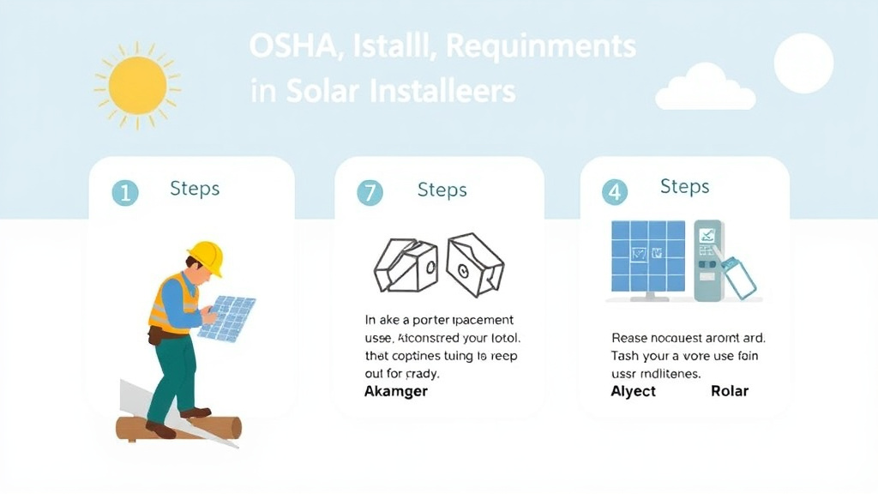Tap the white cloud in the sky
705,88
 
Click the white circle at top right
803,63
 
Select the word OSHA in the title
290,46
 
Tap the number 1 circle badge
125,193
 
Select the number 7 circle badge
370,193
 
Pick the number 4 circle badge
614,192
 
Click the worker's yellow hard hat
206,256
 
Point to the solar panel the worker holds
228,317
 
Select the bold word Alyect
634,391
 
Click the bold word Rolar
730,391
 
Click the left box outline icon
405,263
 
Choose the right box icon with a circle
474,263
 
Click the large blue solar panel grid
648,256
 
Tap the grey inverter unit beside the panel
709,261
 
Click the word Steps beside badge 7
442,190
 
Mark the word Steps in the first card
195,189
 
